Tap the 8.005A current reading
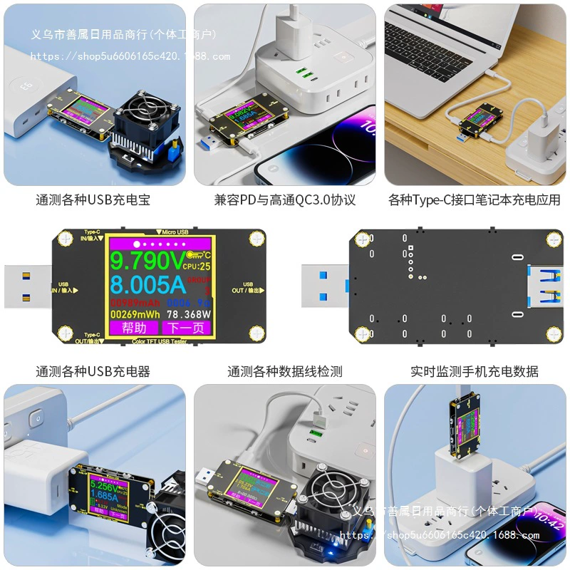pyautogui.click(x=147, y=285)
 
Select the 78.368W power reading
pyautogui.click(x=189, y=313)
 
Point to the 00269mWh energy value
pyautogui.click(x=135, y=313)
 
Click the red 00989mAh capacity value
pyautogui.click(x=135, y=302)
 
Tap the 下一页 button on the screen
pyautogui.click(x=187, y=328)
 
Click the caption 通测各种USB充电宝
pyautogui.click(x=93, y=200)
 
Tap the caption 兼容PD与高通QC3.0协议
pyautogui.click(x=285, y=200)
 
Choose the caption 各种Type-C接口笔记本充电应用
pyautogui.click(x=475, y=200)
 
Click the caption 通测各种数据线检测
pyautogui.click(x=285, y=371)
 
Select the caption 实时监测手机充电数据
pyautogui.click(x=475, y=371)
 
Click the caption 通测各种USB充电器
pyautogui.click(x=93, y=371)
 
